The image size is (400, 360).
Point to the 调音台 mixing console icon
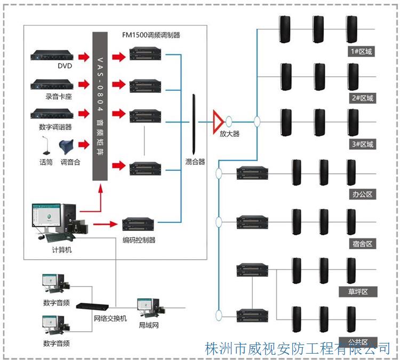pyautogui.click(x=70, y=147)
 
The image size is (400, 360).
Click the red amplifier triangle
pyautogui.click(x=218, y=121)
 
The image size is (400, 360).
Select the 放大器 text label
pyautogui.click(x=229, y=134)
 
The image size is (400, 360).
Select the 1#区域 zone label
pyautogui.click(x=362, y=52)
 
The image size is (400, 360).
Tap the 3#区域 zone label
pyautogui.click(x=362, y=144)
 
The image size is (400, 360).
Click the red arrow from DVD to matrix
pyautogui.click(x=83, y=57)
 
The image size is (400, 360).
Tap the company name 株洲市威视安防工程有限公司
pyautogui.click(x=298, y=349)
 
